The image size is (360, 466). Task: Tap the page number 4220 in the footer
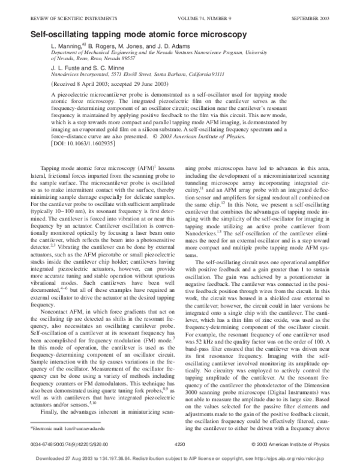(179, 444)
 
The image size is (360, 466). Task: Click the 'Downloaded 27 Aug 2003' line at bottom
(179, 461)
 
